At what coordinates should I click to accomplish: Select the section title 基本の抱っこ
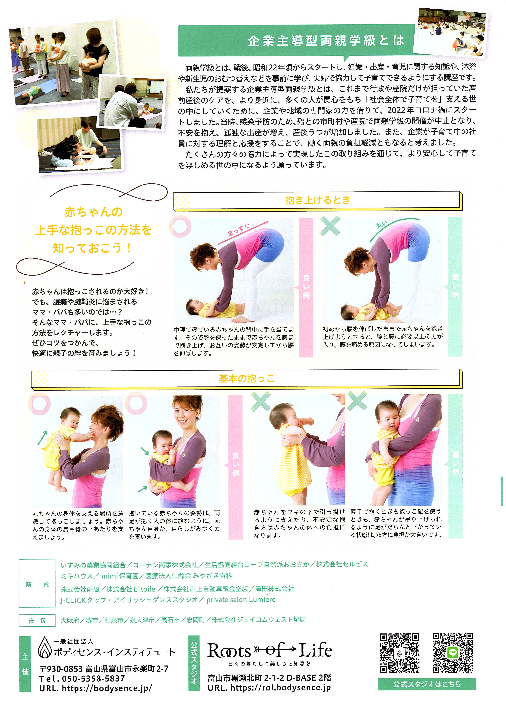click(x=246, y=379)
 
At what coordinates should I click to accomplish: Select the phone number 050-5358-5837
click(x=93, y=679)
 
